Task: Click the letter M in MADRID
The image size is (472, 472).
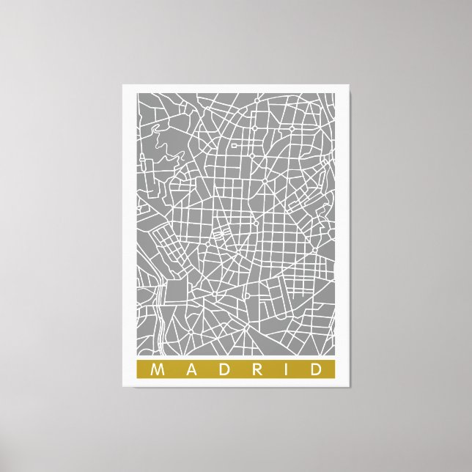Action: click(155, 369)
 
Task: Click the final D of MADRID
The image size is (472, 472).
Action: click(315, 369)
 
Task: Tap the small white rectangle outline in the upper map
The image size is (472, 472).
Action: click(235, 146)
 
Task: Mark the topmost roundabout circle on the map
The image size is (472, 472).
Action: click(291, 129)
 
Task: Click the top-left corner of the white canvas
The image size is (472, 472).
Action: click(123, 85)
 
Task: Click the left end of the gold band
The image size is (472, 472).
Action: click(138, 369)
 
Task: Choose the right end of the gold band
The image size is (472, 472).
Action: click(333, 369)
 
